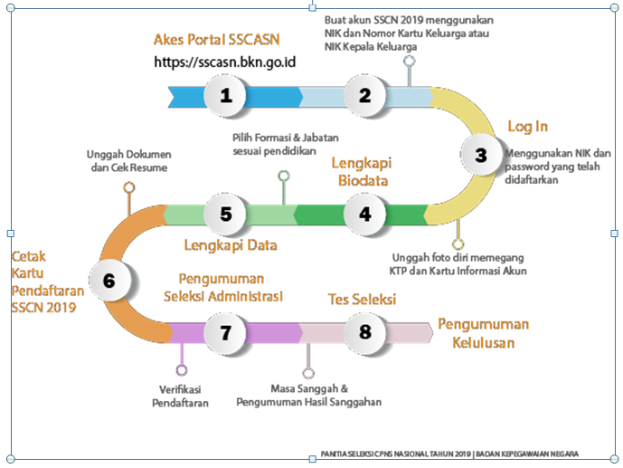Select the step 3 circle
pyautogui.click(x=480, y=155)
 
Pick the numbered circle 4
pyautogui.click(x=365, y=214)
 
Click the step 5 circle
pyautogui.click(x=226, y=214)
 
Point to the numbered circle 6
pyautogui.click(x=109, y=281)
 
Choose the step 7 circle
pyautogui.click(x=226, y=331)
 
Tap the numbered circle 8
pyautogui.click(x=365, y=331)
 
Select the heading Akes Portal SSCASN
pyautogui.click(x=217, y=40)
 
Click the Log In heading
pyautogui.click(x=527, y=126)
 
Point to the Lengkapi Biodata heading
pyautogui.click(x=360, y=172)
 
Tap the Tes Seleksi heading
pyautogui.click(x=361, y=299)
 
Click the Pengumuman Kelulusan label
pyautogui.click(x=484, y=333)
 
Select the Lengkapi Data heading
pyautogui.click(x=231, y=245)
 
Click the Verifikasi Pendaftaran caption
pyautogui.click(x=180, y=396)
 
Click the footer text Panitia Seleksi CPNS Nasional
pyautogui.click(x=449, y=454)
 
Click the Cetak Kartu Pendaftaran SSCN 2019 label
pyautogui.click(x=43, y=281)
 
